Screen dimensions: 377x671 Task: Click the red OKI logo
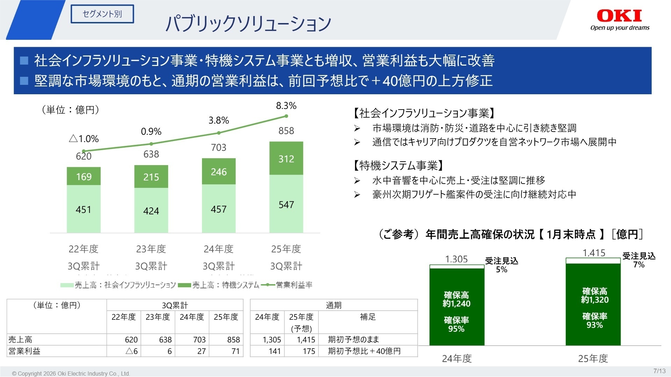point(619,16)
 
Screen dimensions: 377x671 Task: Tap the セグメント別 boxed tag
point(102,14)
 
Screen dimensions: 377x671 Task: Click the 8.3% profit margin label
point(286,106)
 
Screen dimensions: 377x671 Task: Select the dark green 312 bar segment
point(286,158)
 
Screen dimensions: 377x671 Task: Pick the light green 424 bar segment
point(151,210)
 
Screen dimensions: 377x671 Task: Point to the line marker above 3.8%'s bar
point(219,133)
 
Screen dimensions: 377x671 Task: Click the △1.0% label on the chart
point(84,139)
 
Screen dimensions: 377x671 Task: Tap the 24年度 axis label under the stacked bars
point(218,249)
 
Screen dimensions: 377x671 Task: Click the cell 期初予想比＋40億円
point(364,351)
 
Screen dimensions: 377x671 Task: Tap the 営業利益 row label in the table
point(24,351)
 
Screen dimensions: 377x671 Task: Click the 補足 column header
point(368,317)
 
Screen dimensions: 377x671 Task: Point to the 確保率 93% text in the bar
point(594,321)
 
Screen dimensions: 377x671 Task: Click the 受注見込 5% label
point(501,265)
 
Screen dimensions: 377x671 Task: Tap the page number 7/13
point(659,371)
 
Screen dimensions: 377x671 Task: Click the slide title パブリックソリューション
point(248,24)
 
